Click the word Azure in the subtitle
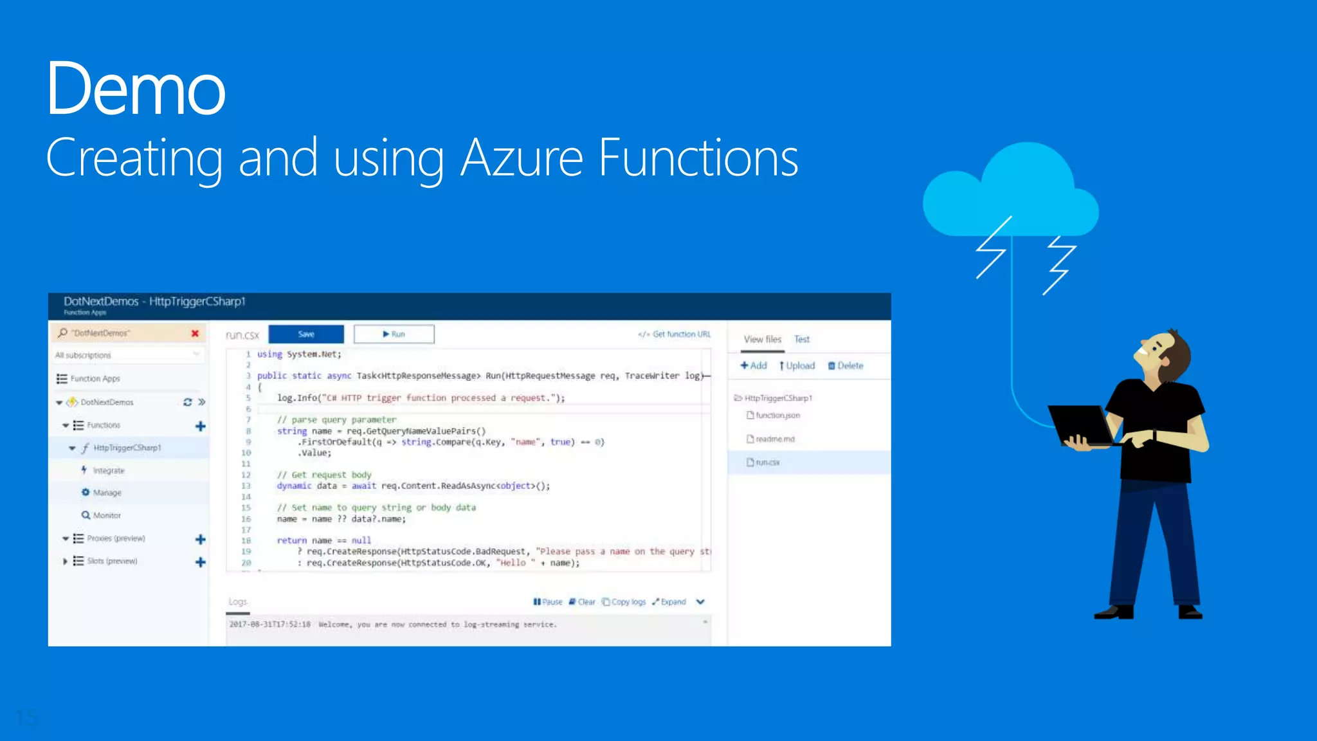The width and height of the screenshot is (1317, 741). click(x=522, y=158)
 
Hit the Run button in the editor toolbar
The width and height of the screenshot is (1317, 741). click(x=394, y=334)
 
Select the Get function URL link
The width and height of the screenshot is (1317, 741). click(x=675, y=334)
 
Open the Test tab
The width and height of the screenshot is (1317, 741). click(x=801, y=339)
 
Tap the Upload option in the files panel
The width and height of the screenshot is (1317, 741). click(x=797, y=365)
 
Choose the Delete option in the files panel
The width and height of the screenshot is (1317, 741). click(x=846, y=365)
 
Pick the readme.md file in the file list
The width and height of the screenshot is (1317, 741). click(x=774, y=439)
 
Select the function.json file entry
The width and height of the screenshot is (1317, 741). click(x=777, y=416)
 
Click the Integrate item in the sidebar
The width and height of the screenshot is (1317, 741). click(x=108, y=470)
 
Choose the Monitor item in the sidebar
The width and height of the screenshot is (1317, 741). click(x=106, y=515)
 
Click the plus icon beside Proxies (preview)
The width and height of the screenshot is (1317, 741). click(x=200, y=539)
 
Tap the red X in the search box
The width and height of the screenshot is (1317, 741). click(x=195, y=333)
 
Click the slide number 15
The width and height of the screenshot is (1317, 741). click(x=26, y=717)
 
